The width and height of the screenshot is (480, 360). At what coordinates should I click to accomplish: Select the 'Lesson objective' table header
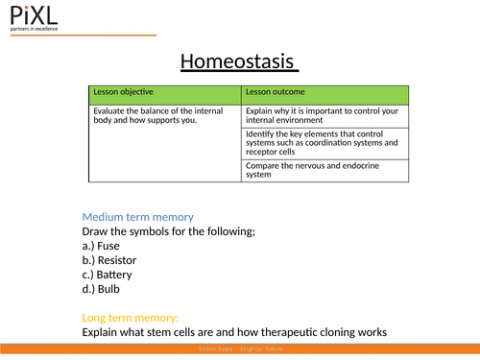122,92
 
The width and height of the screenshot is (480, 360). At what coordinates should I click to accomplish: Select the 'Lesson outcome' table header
276,92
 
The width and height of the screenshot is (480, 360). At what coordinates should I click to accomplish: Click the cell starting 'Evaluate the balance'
163,116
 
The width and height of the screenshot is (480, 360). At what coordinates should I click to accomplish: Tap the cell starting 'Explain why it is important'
324,116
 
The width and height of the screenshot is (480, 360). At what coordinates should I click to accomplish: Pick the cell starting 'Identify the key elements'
324,142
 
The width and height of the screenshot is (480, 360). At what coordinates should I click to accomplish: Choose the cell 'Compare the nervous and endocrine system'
324,169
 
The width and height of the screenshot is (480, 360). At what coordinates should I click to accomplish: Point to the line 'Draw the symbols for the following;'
168,231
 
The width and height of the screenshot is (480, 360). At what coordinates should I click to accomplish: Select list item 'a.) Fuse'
101,246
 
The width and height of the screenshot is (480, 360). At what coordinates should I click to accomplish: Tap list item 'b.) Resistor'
109,260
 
